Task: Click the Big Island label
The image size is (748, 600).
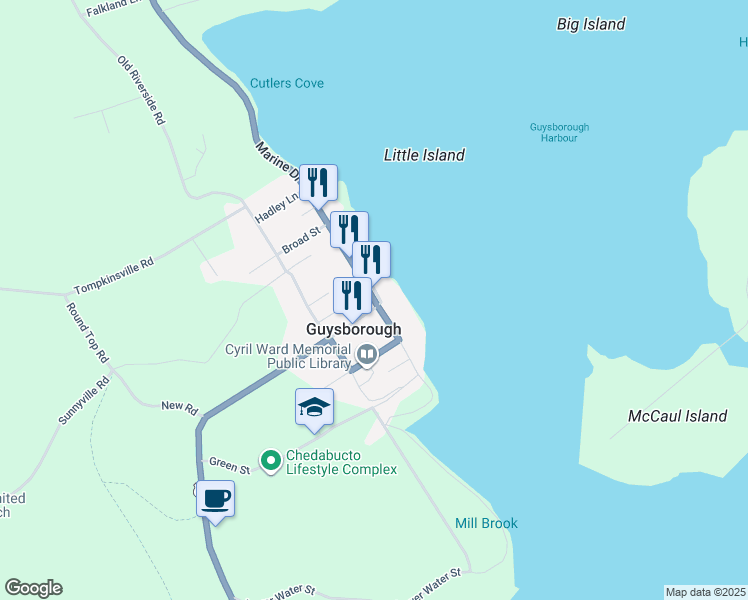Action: click(x=591, y=24)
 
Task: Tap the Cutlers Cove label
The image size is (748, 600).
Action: click(x=287, y=83)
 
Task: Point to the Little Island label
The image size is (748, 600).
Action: click(x=424, y=155)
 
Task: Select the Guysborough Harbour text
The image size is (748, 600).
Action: click(x=560, y=133)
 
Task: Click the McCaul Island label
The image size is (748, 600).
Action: click(x=677, y=416)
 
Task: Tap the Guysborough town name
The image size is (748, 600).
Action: click(x=353, y=329)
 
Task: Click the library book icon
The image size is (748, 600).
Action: click(x=367, y=353)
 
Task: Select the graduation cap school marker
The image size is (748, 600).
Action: click(x=314, y=407)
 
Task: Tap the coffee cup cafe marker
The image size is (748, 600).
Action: click(x=215, y=498)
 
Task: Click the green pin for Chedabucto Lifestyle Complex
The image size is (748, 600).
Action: click(x=270, y=461)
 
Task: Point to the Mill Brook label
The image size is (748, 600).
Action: click(x=487, y=523)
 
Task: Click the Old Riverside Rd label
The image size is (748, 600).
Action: click(x=140, y=90)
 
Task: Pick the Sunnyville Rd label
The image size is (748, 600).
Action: click(x=83, y=401)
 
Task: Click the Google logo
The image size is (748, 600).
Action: click(x=33, y=588)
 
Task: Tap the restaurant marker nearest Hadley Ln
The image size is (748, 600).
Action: click(x=318, y=182)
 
